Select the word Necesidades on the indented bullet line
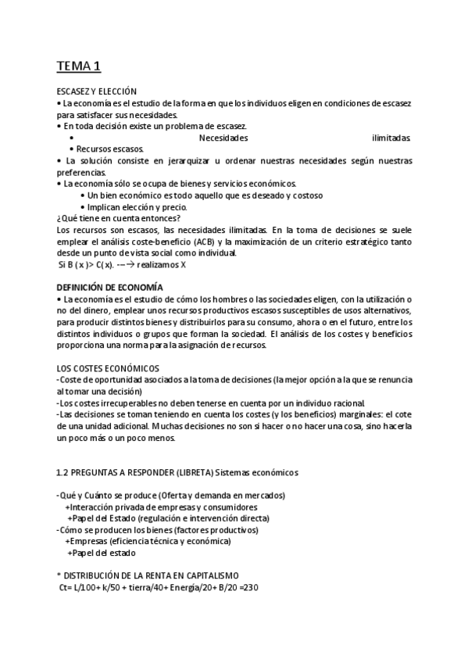point(223,138)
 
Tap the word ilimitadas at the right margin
point(391,138)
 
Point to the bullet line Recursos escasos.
point(110,149)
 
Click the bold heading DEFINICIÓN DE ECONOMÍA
point(110,287)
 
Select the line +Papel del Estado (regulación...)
point(162,518)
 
